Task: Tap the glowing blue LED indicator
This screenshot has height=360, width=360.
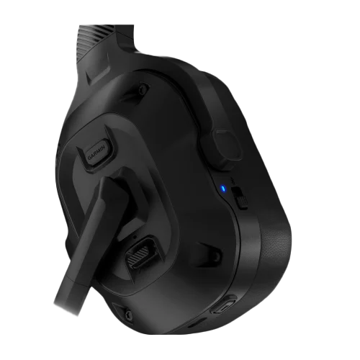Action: click(x=222, y=190)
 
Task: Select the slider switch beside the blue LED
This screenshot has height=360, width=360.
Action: click(x=242, y=197)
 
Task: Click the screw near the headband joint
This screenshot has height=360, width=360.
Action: click(x=143, y=89)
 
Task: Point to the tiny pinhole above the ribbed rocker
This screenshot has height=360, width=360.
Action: click(x=138, y=235)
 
